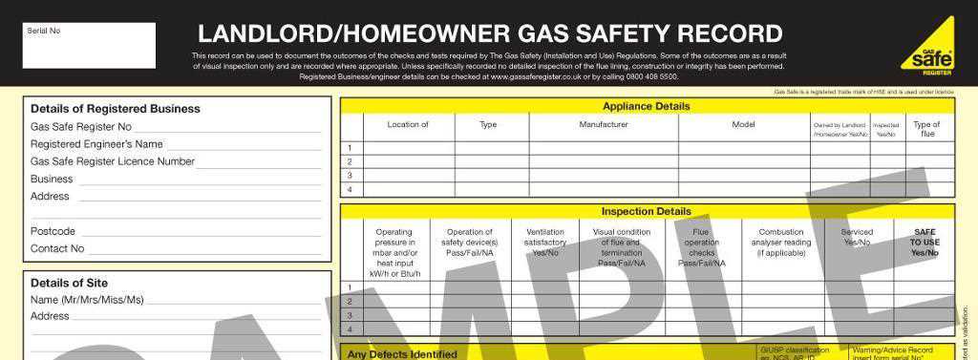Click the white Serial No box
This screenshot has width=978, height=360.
89,46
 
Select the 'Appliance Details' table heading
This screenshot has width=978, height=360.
646,106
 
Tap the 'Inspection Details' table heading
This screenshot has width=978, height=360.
646,211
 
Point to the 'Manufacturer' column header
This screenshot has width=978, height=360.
604,125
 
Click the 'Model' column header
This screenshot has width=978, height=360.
743,125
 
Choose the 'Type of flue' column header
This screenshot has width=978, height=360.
926,129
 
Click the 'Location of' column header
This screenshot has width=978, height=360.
408,125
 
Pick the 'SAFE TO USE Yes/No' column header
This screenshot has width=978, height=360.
925,243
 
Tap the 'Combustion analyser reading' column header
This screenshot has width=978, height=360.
781,243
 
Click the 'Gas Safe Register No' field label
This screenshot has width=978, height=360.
81,127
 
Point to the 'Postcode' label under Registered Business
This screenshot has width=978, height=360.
53,231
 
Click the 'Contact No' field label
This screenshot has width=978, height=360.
57,248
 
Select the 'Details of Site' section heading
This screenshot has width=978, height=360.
69,283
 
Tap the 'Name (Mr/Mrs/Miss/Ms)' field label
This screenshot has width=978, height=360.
87,300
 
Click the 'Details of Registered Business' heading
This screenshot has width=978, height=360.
115,109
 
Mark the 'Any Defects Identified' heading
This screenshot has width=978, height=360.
401,354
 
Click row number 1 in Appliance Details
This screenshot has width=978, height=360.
351,148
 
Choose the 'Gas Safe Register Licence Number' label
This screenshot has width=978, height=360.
113,161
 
